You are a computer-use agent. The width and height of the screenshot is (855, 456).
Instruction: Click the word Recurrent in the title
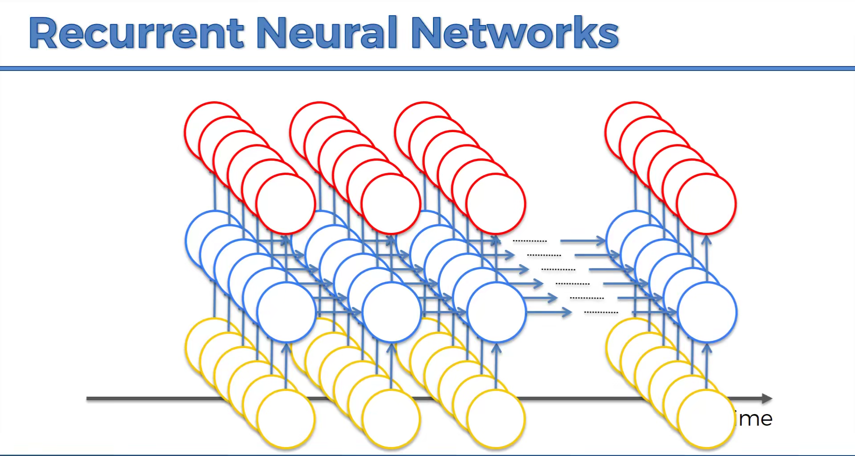click(136, 33)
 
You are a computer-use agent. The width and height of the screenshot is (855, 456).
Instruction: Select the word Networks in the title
click(515, 33)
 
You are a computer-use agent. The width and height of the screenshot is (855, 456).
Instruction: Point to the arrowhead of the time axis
click(767, 398)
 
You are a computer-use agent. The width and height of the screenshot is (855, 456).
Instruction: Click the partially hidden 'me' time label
click(755, 419)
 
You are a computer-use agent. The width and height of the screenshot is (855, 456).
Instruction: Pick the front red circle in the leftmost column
click(286, 204)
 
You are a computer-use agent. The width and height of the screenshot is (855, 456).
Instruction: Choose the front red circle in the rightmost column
click(706, 204)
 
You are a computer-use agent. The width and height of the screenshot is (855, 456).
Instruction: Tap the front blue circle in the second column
click(392, 312)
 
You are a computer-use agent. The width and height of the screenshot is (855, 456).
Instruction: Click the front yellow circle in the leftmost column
click(286, 419)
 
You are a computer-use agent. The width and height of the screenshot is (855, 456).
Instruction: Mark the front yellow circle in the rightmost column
click(706, 419)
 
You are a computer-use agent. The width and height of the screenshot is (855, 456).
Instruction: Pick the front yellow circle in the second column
click(392, 419)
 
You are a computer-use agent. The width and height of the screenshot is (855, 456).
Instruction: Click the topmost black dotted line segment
click(530, 241)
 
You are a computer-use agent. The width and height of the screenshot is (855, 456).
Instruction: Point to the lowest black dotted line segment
click(601, 312)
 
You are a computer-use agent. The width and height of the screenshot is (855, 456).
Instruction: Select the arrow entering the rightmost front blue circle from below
click(706, 357)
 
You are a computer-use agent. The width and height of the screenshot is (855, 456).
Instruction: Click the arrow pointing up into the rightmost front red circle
click(706, 250)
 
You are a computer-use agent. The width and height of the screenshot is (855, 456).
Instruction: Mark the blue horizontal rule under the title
click(427, 68)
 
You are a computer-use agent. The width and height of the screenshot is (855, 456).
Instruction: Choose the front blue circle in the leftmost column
click(286, 312)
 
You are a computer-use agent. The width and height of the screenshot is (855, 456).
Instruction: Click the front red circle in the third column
click(496, 204)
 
